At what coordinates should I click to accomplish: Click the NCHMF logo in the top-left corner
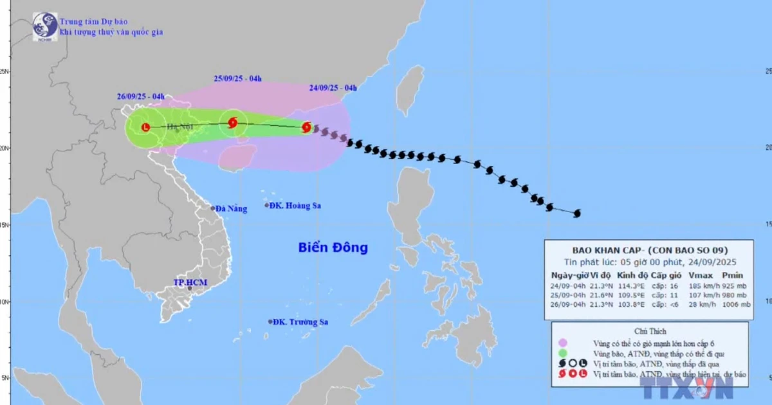click(44, 26)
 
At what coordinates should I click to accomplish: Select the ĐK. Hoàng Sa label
click(295, 206)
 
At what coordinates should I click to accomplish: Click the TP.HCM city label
click(189, 282)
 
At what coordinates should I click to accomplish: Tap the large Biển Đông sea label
click(333, 248)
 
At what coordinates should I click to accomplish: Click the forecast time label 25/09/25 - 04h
click(237, 78)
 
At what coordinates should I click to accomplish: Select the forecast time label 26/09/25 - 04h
click(141, 97)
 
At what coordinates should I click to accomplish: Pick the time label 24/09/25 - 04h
click(333, 88)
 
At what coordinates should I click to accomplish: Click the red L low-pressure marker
click(145, 127)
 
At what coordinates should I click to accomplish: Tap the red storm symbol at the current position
click(307, 127)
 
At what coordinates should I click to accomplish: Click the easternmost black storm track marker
click(576, 213)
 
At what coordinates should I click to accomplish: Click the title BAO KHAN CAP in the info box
click(593, 250)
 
